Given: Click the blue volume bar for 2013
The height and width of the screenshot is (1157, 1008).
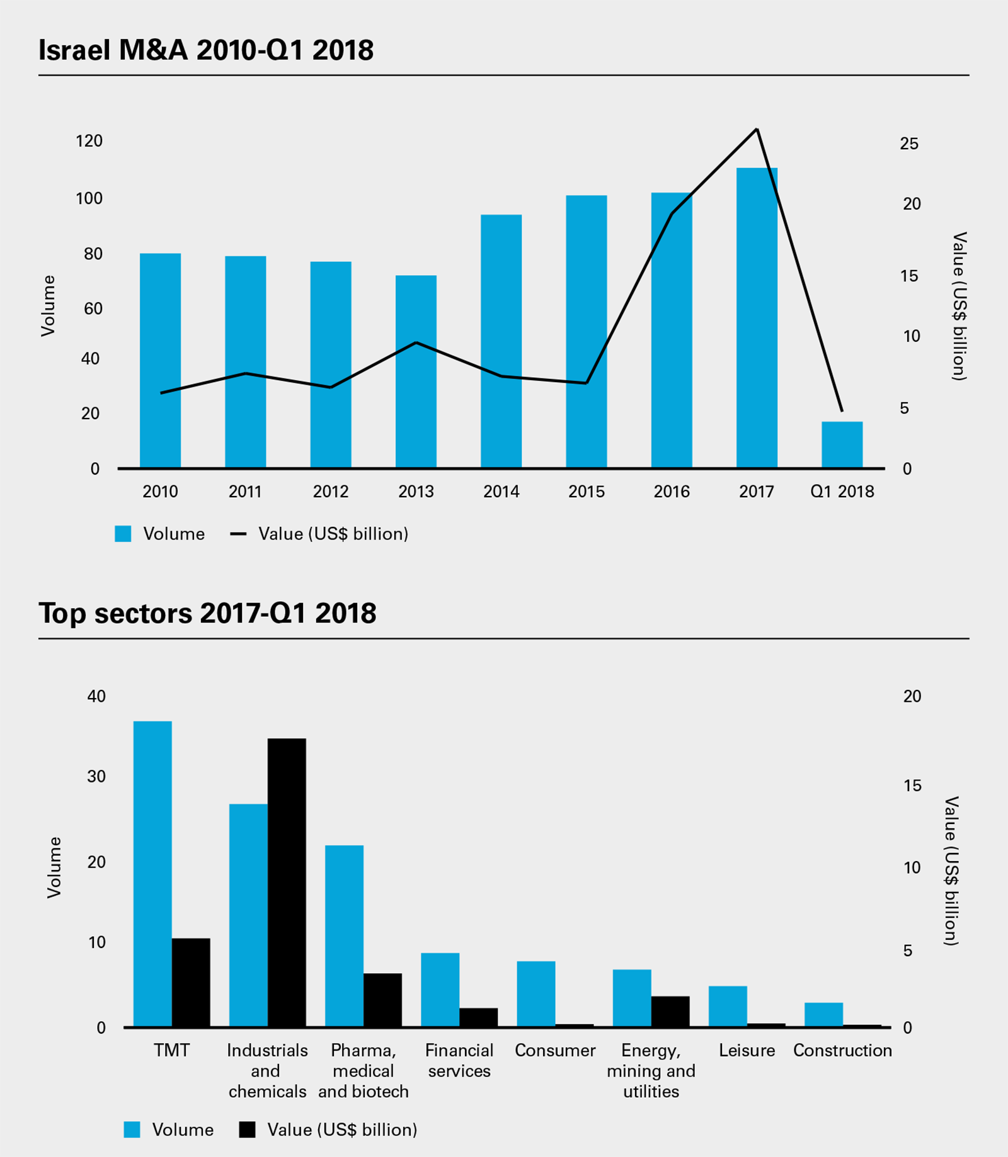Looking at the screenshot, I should [416, 371].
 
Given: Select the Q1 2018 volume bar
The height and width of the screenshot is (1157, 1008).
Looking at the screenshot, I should [842, 444].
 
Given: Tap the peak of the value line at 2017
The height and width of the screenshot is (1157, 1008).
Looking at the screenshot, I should [757, 130].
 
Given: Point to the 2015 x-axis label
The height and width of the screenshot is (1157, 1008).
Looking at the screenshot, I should [586, 492].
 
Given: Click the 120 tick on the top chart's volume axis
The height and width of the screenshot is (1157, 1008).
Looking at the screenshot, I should [89, 141].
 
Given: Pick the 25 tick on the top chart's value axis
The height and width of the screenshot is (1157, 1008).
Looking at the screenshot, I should [909, 144].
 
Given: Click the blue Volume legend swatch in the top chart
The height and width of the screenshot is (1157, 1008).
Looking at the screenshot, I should [123, 534].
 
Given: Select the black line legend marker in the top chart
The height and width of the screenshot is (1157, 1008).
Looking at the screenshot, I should [238, 534].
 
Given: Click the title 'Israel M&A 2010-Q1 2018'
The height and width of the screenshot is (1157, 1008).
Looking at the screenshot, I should [206, 50].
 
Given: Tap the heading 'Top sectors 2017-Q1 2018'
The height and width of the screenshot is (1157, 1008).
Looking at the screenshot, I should [207, 613].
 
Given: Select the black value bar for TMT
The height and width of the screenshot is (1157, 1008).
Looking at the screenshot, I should [191, 982].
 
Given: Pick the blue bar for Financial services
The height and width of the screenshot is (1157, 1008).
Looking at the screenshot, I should [440, 990].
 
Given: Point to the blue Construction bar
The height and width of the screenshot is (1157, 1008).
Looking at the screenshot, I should [823, 1014].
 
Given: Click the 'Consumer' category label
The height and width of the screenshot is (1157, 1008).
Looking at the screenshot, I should [555, 1051].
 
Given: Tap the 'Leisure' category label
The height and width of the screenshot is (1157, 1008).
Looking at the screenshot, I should [747, 1051].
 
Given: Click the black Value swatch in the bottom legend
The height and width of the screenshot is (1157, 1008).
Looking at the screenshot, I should [248, 1129].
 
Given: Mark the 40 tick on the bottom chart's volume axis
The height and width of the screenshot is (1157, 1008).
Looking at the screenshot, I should [96, 696].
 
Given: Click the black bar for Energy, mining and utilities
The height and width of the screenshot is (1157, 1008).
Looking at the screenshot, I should [670, 1012].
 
